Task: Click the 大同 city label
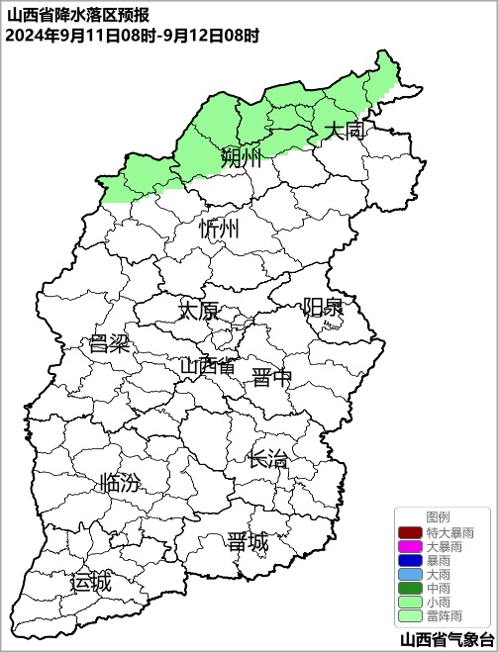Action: [346, 131]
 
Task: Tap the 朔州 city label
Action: [242, 157]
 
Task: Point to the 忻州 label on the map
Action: [219, 230]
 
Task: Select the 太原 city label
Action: [198, 311]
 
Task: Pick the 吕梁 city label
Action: [110, 344]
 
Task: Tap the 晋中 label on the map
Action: [272, 377]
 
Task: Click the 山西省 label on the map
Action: [208, 366]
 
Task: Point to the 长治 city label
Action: [268, 459]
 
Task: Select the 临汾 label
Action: [120, 484]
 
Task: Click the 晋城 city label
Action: [247, 542]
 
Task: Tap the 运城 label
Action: [90, 582]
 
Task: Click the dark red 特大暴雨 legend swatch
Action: [409, 532]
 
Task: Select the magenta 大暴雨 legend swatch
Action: [409, 546]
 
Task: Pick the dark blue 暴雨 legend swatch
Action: [409, 560]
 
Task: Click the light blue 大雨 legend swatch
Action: [409, 574]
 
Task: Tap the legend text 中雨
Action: [437, 588]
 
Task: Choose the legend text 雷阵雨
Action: [444, 615]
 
